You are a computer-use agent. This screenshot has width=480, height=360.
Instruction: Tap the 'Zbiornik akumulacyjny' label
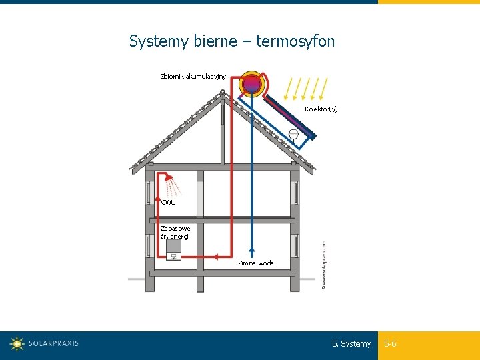click(x=193, y=76)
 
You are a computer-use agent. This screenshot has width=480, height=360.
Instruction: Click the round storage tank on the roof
click(x=252, y=84)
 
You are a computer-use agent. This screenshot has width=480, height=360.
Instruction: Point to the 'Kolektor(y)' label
click(x=321, y=109)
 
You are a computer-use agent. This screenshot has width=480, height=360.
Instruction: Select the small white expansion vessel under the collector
click(x=293, y=133)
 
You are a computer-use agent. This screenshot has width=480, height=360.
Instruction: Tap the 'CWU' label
click(x=169, y=202)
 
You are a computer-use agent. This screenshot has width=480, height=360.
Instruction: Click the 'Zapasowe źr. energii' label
click(x=175, y=232)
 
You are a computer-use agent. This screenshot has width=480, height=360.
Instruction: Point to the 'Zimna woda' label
click(x=256, y=263)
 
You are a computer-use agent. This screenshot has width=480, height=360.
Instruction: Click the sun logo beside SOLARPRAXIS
click(x=17, y=344)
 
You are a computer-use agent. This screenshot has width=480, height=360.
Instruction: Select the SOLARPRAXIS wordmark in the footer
click(x=53, y=344)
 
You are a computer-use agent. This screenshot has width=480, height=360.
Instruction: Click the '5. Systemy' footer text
click(x=351, y=344)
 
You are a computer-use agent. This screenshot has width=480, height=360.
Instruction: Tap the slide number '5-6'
click(x=390, y=344)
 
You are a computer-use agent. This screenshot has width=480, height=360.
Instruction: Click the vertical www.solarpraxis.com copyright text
click(x=324, y=265)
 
